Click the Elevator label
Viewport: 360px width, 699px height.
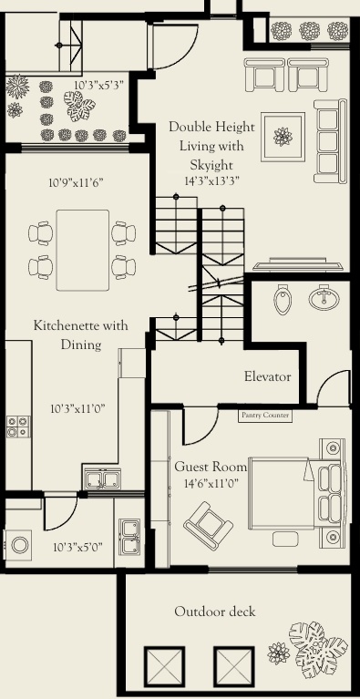tap(267, 376)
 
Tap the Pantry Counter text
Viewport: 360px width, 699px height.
tap(265, 416)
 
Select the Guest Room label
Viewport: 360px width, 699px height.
tap(211, 467)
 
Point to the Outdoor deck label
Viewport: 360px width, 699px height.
tap(215, 612)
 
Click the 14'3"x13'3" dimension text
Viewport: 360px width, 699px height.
tap(211, 180)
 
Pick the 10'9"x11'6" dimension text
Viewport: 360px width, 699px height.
tap(76, 182)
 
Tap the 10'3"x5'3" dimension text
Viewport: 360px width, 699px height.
tap(98, 85)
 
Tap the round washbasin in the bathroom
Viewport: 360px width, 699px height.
tap(322, 298)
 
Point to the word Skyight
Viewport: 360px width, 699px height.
tap(211, 164)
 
